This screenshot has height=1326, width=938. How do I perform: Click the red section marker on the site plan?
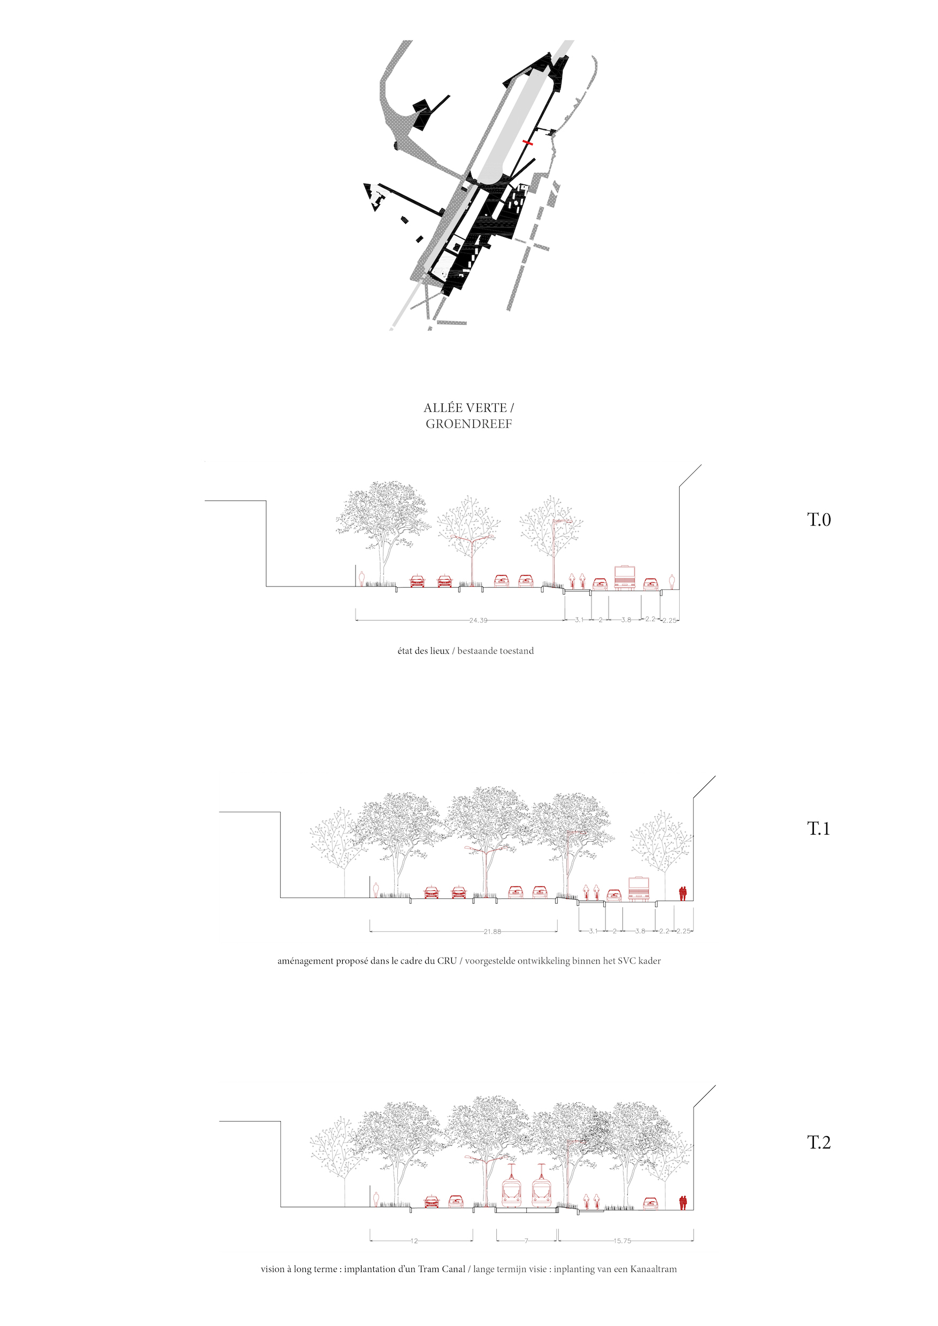(x=527, y=142)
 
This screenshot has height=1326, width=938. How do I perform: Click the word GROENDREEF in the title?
(x=469, y=424)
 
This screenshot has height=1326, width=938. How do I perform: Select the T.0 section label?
(x=818, y=520)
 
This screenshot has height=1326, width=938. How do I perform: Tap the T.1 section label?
(x=818, y=829)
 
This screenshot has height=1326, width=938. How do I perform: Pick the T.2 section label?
(x=818, y=1143)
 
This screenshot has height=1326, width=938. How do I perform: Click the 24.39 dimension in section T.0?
(x=478, y=620)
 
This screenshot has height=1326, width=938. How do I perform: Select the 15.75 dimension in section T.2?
(x=622, y=1241)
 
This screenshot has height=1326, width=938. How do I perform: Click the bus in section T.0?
(x=625, y=577)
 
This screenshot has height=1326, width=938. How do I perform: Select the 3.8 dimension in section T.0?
(x=626, y=620)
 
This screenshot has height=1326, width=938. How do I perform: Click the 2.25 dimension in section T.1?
(x=683, y=931)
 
